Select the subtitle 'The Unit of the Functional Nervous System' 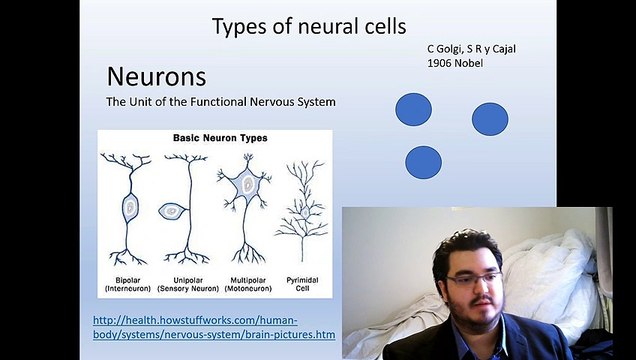[220, 102]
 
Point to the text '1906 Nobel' [455, 63]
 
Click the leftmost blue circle [413, 109]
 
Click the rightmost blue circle [490, 119]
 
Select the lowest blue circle [423, 162]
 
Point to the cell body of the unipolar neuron [171, 211]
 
